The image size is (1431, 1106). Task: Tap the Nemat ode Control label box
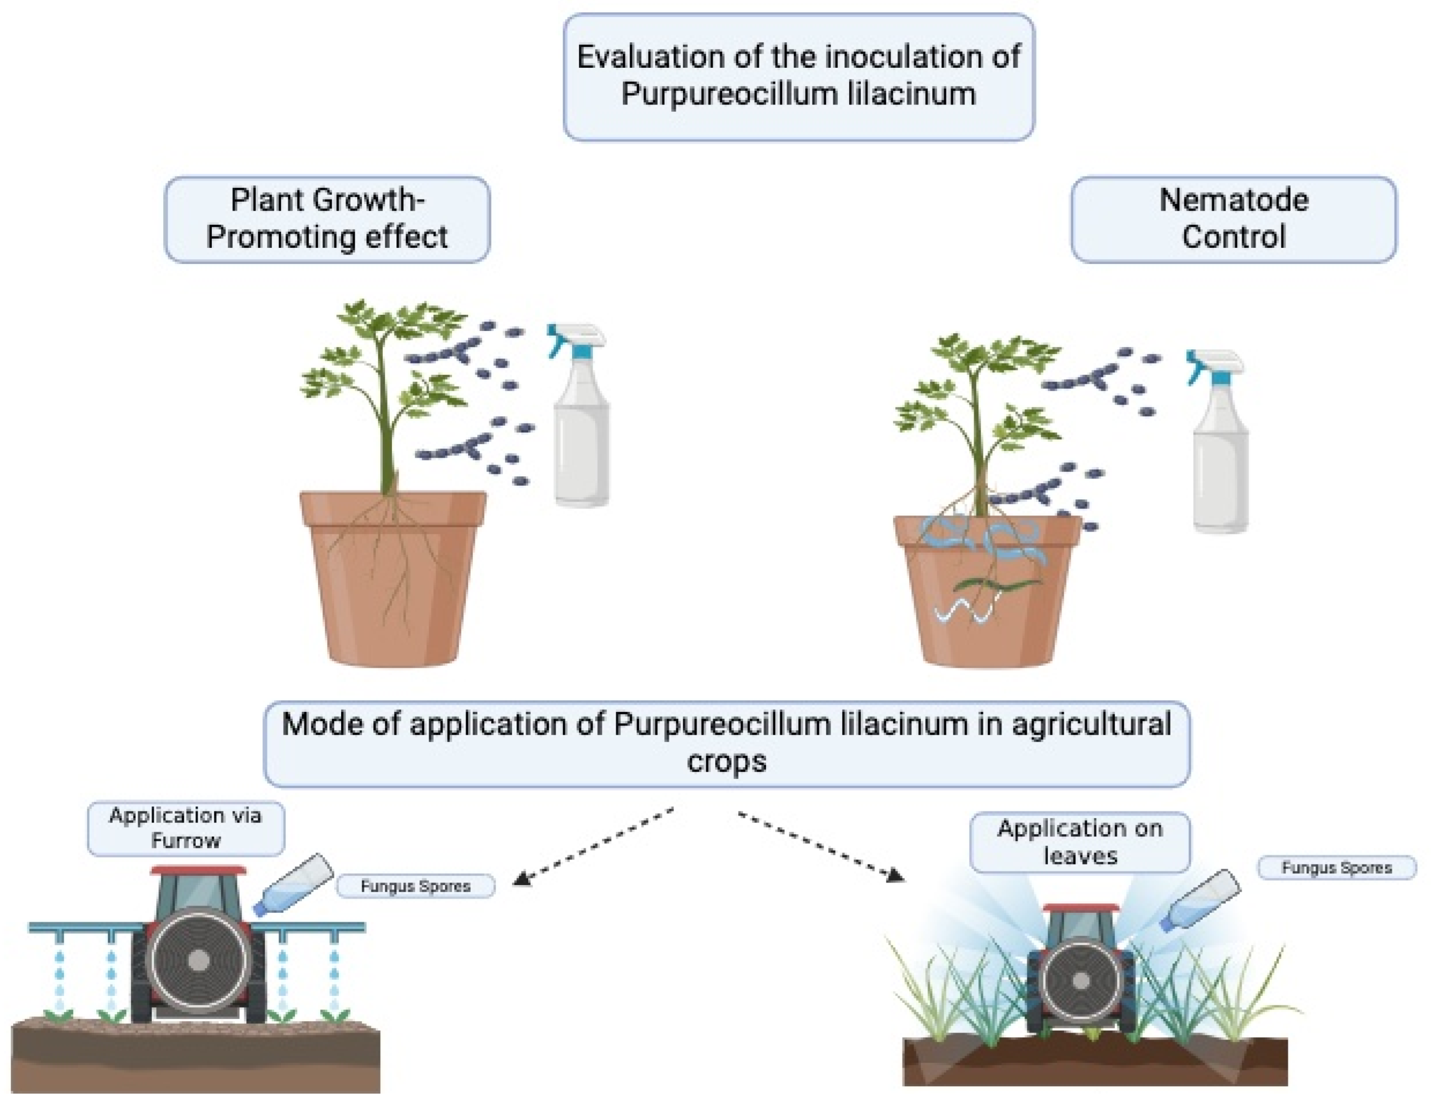[x=1233, y=219]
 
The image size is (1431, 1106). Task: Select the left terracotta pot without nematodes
[x=393, y=590]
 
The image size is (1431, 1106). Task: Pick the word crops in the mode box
[x=726, y=762]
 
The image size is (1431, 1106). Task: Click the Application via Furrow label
[x=185, y=828]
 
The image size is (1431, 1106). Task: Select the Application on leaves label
[x=1079, y=842]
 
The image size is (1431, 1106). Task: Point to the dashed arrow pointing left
[x=593, y=846]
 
